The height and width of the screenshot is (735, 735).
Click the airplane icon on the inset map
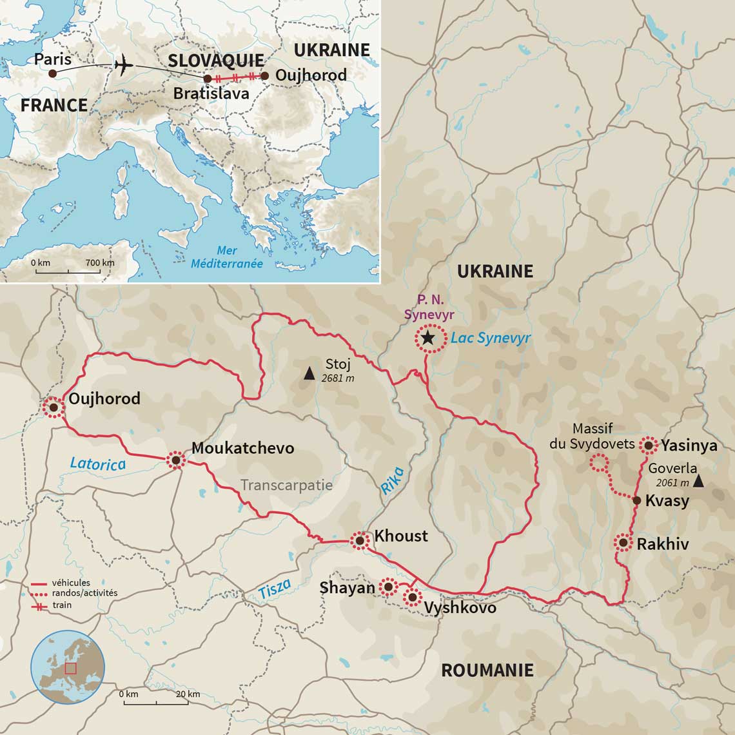[x=122, y=65]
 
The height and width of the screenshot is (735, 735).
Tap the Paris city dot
[x=53, y=73]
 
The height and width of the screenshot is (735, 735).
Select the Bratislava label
[x=211, y=93]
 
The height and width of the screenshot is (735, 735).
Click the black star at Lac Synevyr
[x=427, y=338]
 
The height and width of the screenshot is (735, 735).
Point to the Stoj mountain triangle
[x=309, y=373]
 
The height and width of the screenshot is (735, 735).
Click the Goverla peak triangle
[x=699, y=481]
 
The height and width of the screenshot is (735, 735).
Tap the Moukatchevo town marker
[x=175, y=460]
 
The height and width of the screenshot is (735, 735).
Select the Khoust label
[x=401, y=536]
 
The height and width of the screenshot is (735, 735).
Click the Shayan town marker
[x=387, y=587]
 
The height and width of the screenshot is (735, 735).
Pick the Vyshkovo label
[x=460, y=607]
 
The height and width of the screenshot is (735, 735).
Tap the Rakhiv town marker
[x=623, y=543]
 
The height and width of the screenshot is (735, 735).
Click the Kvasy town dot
[x=636, y=500]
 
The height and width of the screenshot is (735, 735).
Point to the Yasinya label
[x=689, y=445]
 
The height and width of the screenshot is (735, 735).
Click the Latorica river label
[x=97, y=463]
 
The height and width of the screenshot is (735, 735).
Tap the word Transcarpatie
[x=286, y=485]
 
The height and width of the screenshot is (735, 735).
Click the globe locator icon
[x=68, y=667]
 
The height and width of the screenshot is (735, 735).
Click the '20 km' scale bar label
[x=188, y=694]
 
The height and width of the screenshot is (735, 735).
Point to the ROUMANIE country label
[x=487, y=670]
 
